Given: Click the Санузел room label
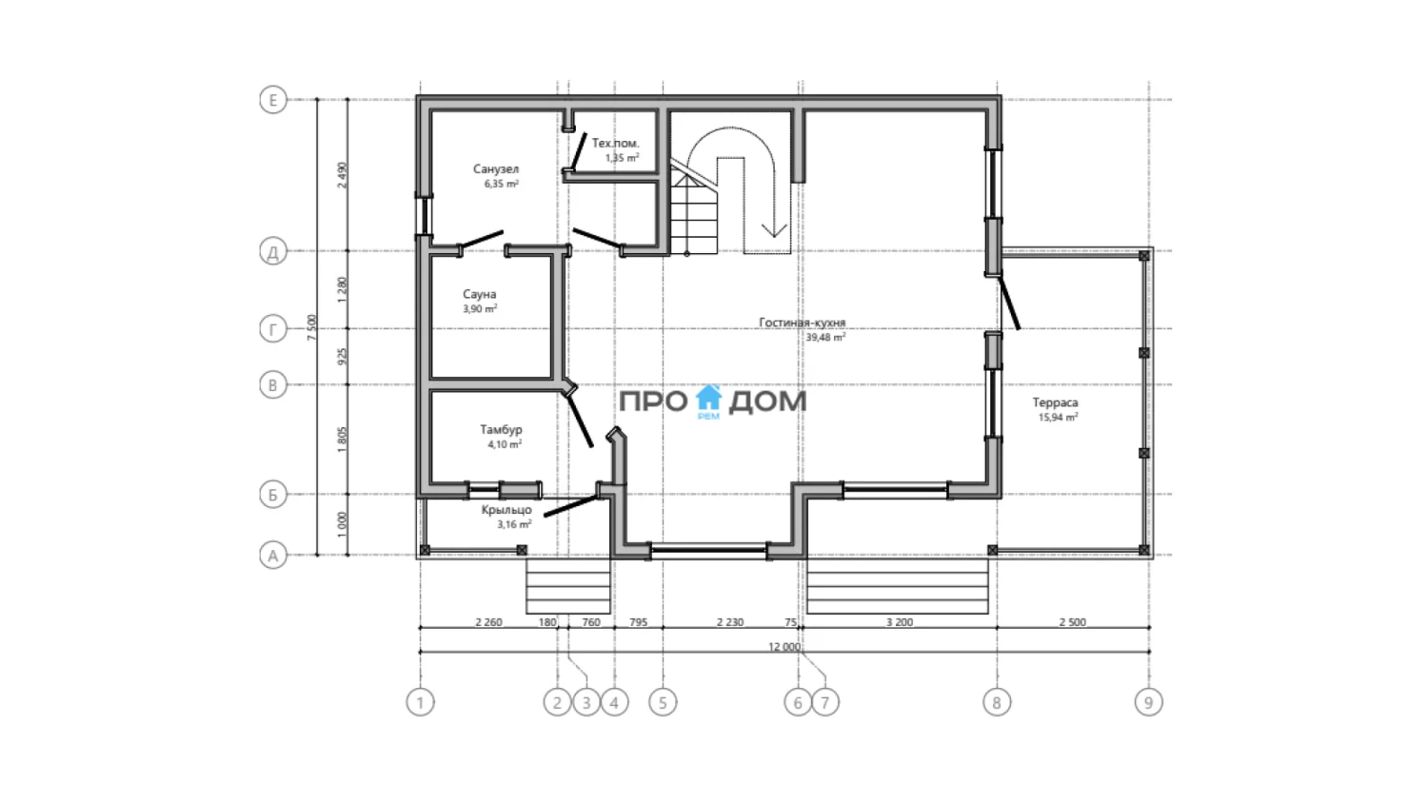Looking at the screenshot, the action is coord(496,169).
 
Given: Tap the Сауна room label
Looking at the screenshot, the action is coord(480,294).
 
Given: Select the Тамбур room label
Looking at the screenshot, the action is coord(501,429).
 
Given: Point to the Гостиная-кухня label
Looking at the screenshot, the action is coord(802,323).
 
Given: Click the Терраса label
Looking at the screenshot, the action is coord(1055,402).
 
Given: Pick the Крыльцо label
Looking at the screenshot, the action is coord(506,510).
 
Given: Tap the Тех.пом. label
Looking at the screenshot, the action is coord(615,144).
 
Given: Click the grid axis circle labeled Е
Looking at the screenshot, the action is coord(273,100).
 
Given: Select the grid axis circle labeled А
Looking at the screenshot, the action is coord(273,556).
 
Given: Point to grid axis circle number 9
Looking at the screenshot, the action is coord(1149,702).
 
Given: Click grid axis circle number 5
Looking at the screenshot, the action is coord(663,702).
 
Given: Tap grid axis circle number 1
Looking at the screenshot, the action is coord(420,702).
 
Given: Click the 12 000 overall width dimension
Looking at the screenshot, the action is coord(784,646).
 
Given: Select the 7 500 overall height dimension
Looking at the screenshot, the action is coord(311,327).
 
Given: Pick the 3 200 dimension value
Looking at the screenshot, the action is coord(900,622).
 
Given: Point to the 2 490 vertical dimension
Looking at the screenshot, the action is coord(343,175).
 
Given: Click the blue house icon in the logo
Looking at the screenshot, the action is coord(708,398).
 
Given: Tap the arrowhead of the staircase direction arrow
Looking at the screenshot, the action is coord(774,230).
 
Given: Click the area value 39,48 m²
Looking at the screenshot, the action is coord(825,337).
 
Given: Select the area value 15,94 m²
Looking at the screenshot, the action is coord(1059,418).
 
